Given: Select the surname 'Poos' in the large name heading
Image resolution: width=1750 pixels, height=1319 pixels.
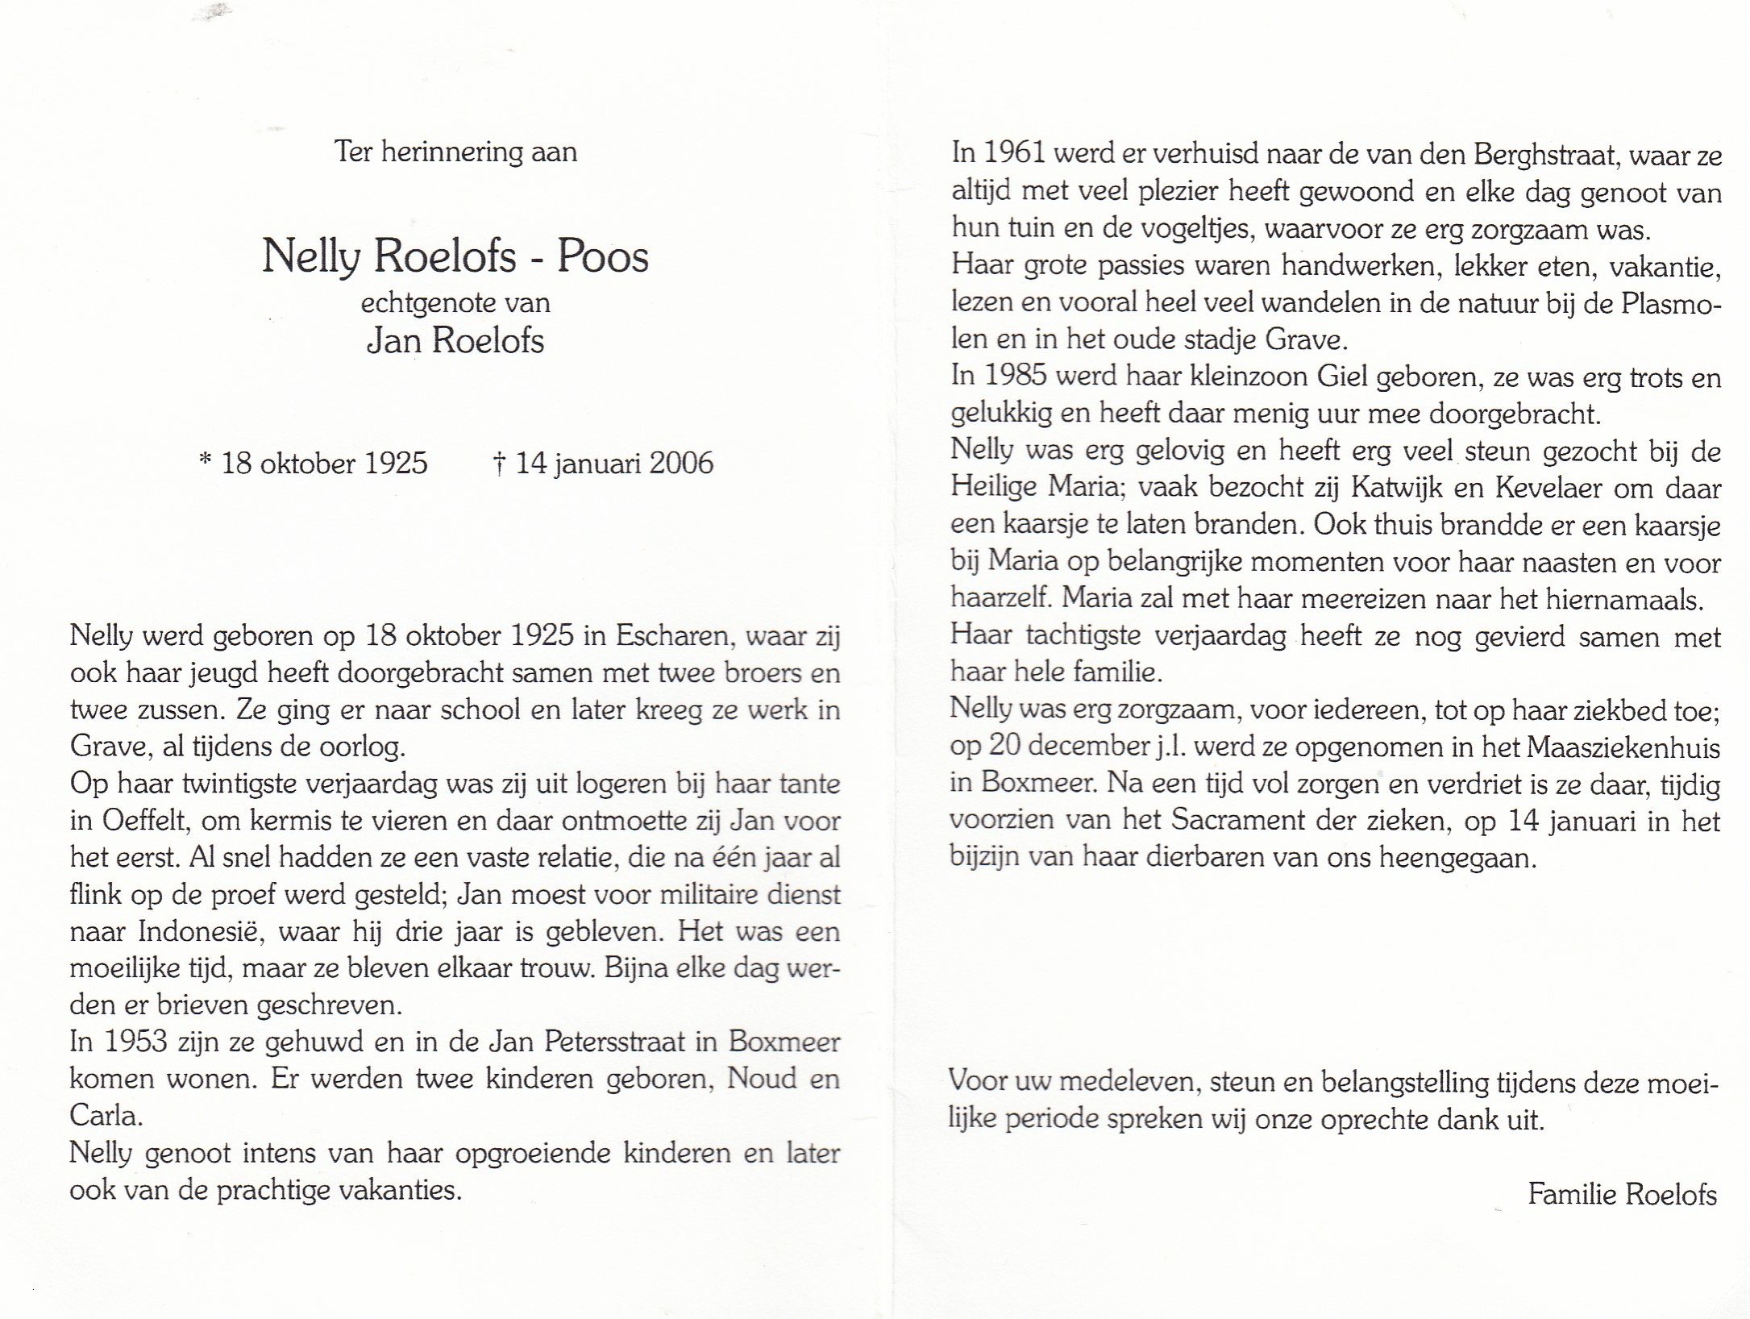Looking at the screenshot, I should point(603,256).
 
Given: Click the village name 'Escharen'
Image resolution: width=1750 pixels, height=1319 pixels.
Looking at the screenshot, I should point(673,636).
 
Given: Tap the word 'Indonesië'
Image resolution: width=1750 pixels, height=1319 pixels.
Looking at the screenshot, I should point(202,931).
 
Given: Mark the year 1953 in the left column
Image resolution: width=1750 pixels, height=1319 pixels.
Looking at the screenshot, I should point(135,1042).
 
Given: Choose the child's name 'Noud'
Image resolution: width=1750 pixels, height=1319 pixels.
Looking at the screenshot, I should point(761,1079).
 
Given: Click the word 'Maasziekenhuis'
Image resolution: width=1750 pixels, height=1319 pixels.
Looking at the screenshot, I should point(1622,747).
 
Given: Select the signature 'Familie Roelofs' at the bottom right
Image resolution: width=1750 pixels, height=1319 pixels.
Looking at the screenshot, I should point(1622,1194).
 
